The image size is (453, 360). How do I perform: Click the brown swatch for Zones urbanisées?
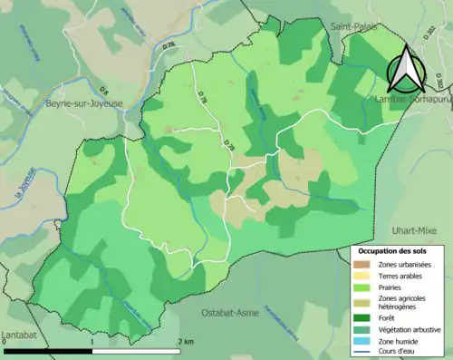click(x=362, y=264)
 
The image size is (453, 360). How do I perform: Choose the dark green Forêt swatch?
click(x=362, y=318)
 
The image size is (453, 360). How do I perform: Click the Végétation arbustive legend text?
click(x=411, y=329)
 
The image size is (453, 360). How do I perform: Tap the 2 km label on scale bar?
click(x=185, y=341)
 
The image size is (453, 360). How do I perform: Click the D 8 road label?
click(x=104, y=89)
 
